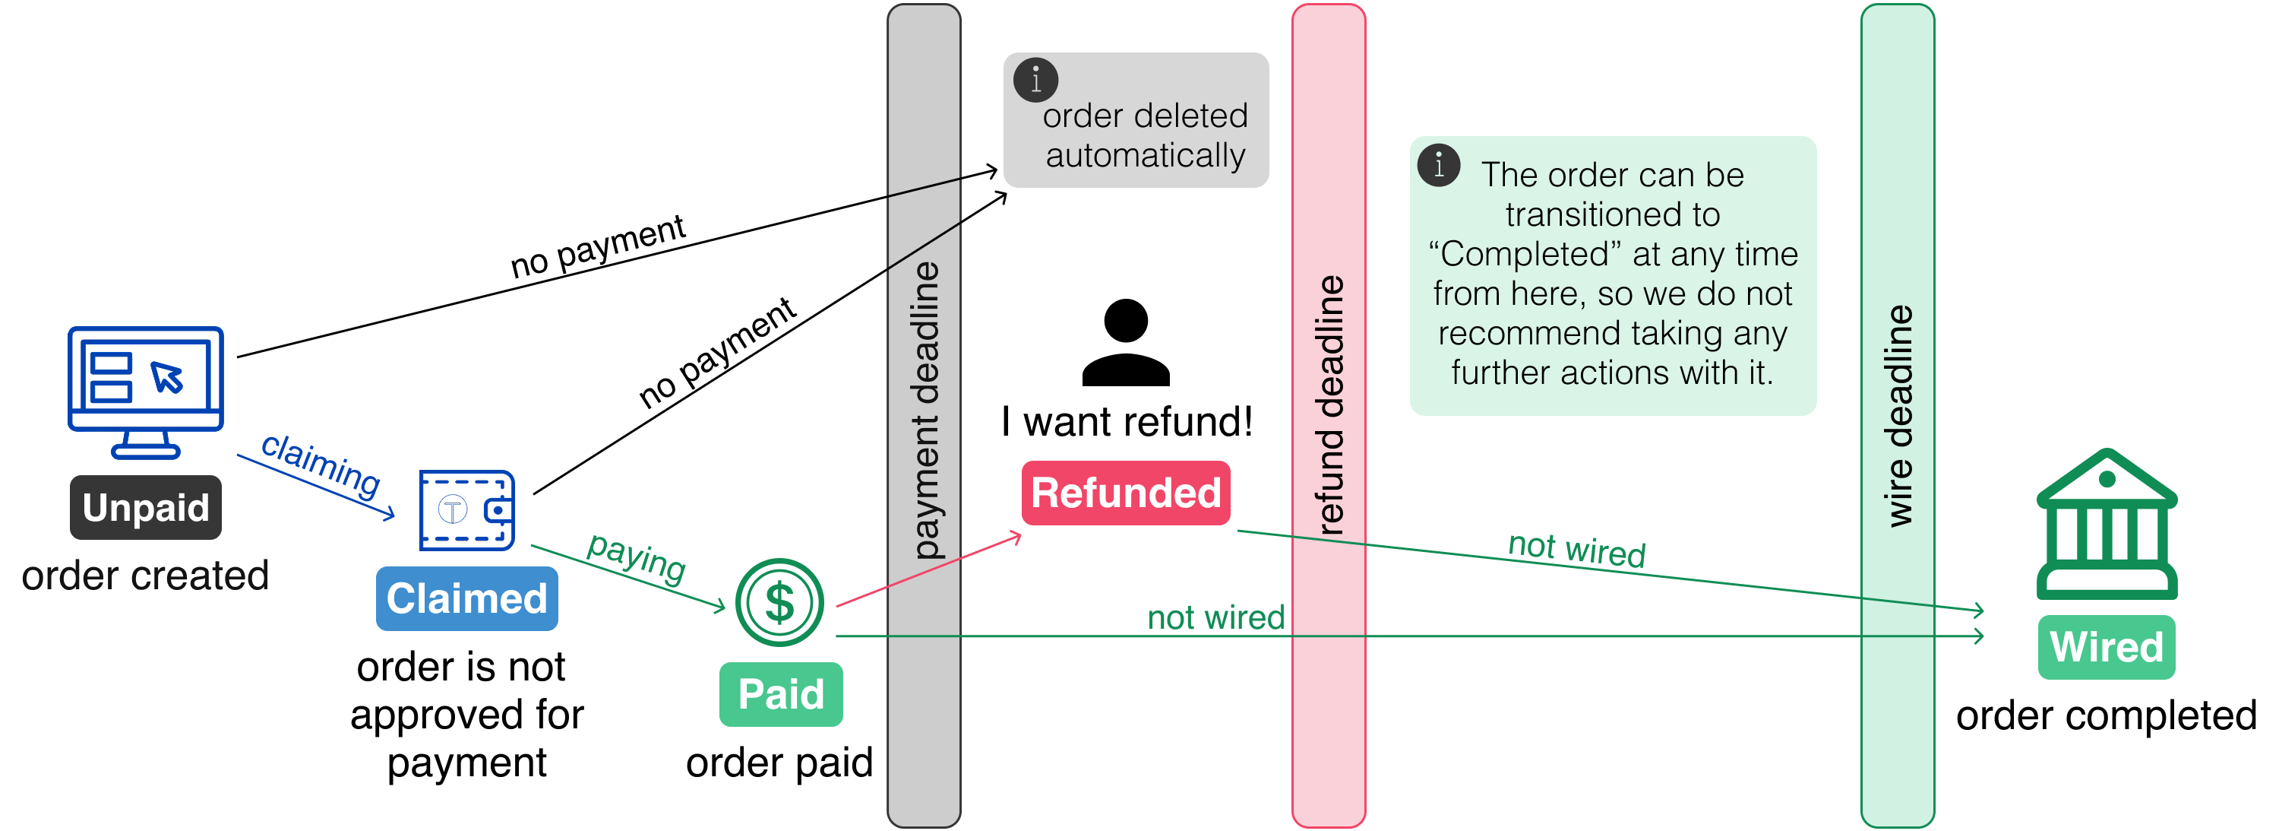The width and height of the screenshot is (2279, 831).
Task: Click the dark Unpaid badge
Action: click(146, 507)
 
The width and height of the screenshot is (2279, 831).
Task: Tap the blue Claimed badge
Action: click(466, 598)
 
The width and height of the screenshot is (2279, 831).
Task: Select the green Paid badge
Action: click(780, 694)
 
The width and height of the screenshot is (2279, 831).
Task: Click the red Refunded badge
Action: click(1125, 493)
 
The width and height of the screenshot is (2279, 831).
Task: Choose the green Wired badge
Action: click(2106, 647)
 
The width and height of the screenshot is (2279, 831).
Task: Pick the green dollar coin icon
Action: click(779, 602)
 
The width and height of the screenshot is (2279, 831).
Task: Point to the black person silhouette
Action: click(1125, 342)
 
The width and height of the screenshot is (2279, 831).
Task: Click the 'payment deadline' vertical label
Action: click(925, 411)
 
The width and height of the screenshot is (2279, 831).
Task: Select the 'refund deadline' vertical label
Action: click(1329, 405)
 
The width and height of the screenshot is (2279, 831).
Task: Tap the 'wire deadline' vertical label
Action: click(1898, 416)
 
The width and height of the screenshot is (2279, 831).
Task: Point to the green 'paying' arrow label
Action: click(636, 557)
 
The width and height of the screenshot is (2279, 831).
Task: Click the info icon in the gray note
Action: click(1036, 81)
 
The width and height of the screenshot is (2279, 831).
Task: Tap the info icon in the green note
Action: click(1439, 166)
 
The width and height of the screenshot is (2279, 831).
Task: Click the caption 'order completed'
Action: click(2106, 715)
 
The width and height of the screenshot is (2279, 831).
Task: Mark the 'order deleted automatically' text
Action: click(1145, 135)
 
